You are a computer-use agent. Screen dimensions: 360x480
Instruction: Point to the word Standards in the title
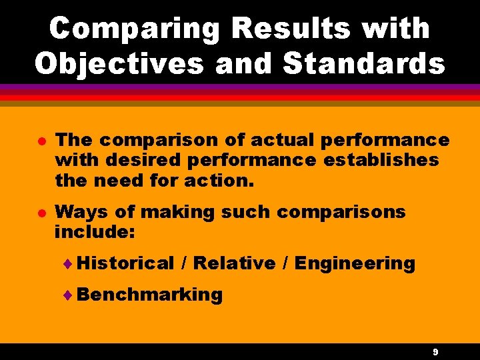click(x=364, y=63)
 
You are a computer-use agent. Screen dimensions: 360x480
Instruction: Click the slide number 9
click(x=435, y=351)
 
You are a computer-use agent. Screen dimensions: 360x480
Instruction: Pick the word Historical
click(x=125, y=263)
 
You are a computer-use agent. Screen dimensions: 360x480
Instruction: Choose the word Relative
click(x=234, y=263)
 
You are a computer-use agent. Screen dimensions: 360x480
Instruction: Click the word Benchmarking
click(x=149, y=295)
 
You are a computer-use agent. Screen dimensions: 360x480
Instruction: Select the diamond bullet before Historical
click(x=71, y=264)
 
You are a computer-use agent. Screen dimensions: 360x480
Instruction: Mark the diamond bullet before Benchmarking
click(x=71, y=295)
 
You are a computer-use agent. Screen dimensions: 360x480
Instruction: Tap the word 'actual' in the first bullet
click(x=284, y=141)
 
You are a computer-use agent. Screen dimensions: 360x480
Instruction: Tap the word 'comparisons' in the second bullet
click(x=341, y=213)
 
